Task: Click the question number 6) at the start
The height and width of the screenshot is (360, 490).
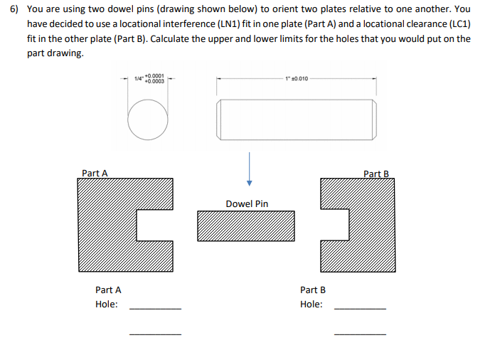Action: pos(12,10)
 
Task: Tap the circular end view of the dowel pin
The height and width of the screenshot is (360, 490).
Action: pos(148,120)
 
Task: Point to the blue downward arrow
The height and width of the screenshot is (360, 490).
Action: pos(249,170)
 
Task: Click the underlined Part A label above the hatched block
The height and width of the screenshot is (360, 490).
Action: pos(95,173)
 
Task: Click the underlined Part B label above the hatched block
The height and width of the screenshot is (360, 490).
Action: pos(376,174)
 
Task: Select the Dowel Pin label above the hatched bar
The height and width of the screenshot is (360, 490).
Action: pos(247,203)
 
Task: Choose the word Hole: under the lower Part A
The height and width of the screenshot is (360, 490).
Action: pos(107,305)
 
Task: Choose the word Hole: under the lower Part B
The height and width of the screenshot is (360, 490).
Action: pos(311,305)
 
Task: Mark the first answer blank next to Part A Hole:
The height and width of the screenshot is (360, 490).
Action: pos(155,309)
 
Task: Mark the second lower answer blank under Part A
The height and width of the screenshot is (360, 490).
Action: pos(155,333)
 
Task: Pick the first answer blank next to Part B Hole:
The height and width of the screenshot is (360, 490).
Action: pos(360,309)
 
